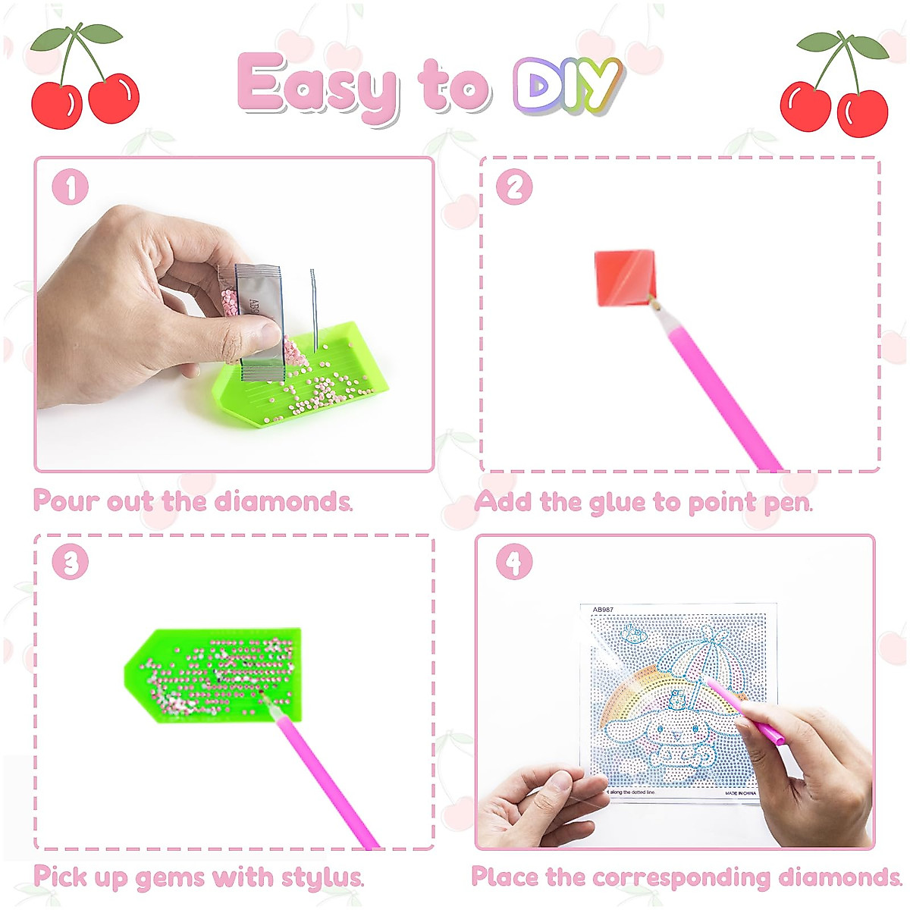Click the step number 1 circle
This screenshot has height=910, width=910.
click(x=70, y=187)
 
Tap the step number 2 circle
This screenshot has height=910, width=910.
click(x=514, y=187)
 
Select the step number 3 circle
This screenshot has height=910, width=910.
click(x=70, y=563)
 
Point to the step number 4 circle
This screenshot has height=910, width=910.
click(x=514, y=563)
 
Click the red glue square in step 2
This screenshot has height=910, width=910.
click(x=623, y=278)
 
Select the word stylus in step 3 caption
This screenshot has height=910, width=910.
click(x=322, y=878)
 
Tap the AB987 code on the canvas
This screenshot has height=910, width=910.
click(x=603, y=610)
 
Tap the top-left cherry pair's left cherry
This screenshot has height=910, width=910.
click(x=56, y=105)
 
